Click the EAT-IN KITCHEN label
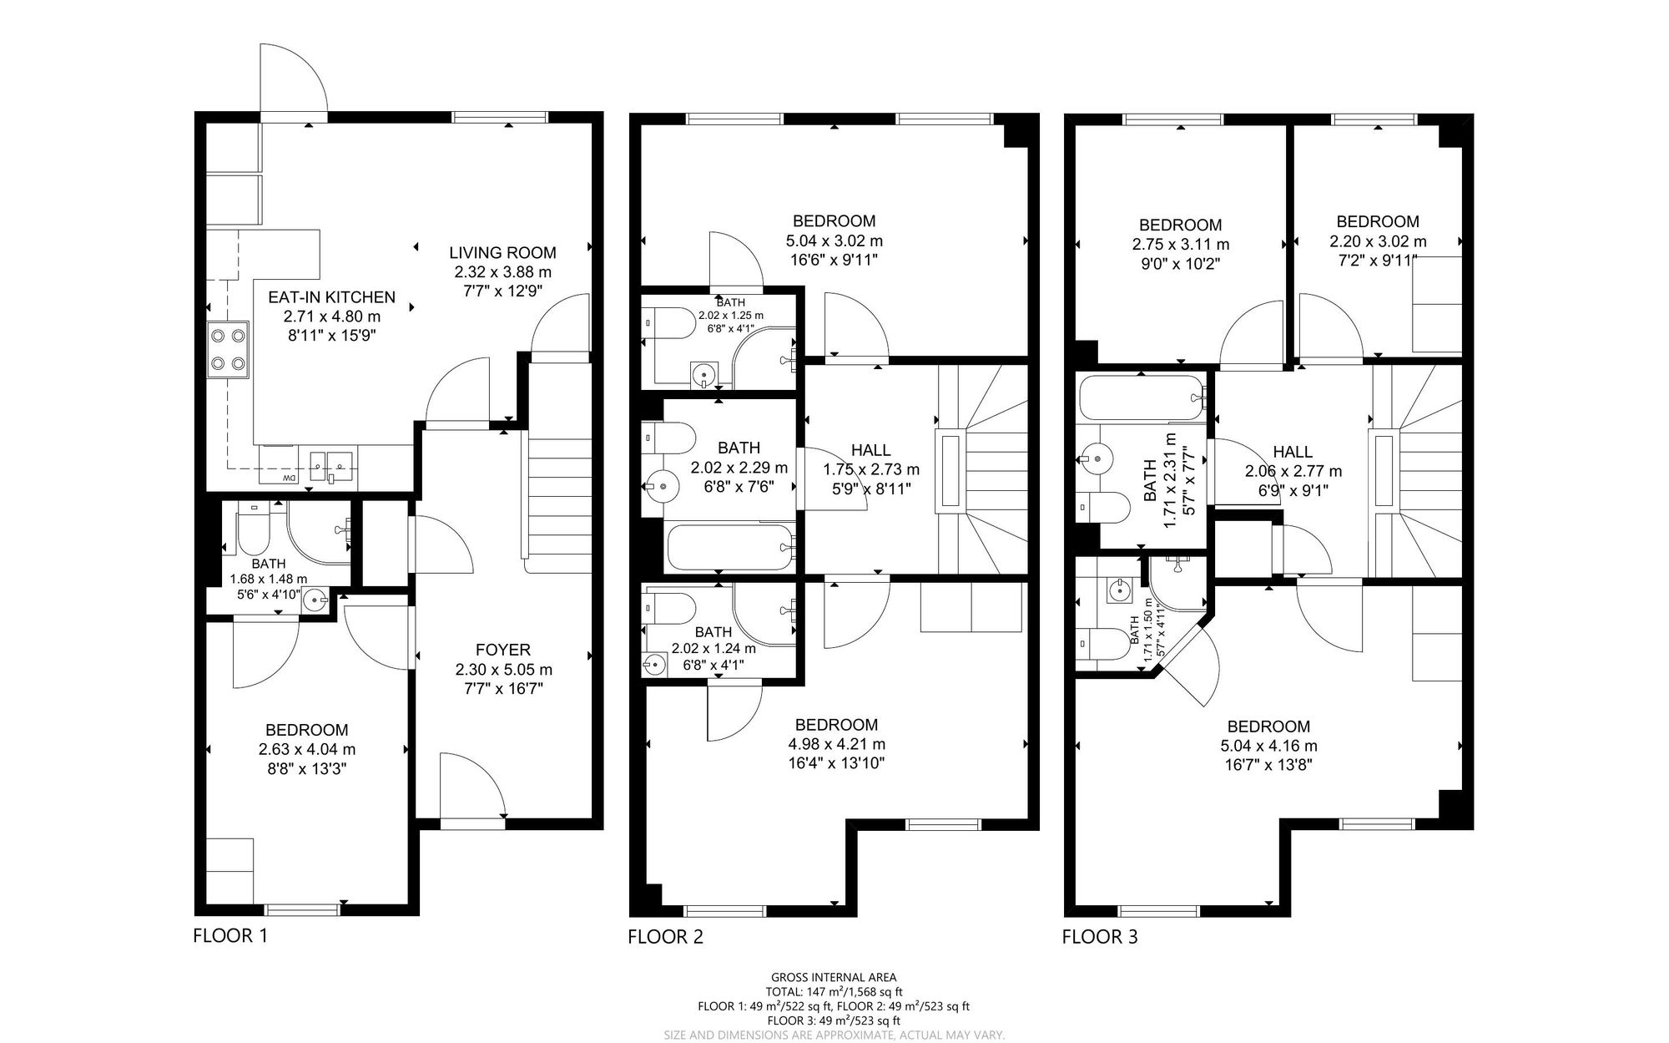pyautogui.click(x=331, y=297)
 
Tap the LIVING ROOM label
pyautogui.click(x=502, y=253)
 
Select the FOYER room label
pyautogui.click(x=503, y=650)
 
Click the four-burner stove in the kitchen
pyautogui.click(x=228, y=350)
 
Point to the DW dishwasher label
pyautogui.click(x=289, y=478)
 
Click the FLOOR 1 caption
pyautogui.click(x=230, y=935)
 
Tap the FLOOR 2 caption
pyautogui.click(x=665, y=937)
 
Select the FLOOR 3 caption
pyautogui.click(x=1100, y=937)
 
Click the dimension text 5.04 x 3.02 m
pyautogui.click(x=834, y=241)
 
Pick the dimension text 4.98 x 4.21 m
pyautogui.click(x=837, y=745)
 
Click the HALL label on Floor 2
pyautogui.click(x=871, y=451)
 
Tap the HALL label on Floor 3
pyautogui.click(x=1293, y=452)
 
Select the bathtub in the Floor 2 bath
pyautogui.click(x=731, y=546)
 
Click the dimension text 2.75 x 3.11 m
pyautogui.click(x=1181, y=245)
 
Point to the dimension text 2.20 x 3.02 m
pyautogui.click(x=1378, y=241)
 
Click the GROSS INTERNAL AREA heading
pyautogui.click(x=834, y=977)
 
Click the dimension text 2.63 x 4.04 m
pyautogui.click(x=307, y=750)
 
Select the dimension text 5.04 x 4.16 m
pyautogui.click(x=1268, y=747)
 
